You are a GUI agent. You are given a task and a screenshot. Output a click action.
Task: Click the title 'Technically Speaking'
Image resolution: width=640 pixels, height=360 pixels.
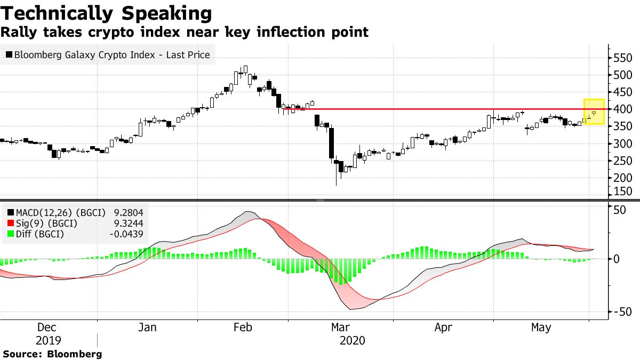[x=106, y=13]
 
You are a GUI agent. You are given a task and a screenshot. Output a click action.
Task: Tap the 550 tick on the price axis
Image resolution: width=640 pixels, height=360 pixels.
[x=623, y=58]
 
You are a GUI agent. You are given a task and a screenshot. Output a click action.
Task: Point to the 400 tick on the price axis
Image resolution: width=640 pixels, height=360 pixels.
[x=623, y=109]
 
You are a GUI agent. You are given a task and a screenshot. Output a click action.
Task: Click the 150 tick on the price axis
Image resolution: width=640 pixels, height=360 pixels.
[x=623, y=192]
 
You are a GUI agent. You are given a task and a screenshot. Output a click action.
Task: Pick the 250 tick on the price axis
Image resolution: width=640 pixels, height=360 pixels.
[x=623, y=161]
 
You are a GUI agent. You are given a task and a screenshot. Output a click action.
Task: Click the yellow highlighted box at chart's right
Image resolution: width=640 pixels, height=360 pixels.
[x=594, y=112]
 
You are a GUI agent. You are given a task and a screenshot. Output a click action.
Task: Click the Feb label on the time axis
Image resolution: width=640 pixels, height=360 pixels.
[x=243, y=328]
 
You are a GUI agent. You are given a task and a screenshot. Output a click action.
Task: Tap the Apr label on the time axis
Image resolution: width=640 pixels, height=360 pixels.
[x=443, y=328]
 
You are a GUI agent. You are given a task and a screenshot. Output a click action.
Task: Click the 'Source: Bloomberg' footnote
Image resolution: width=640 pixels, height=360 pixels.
[x=52, y=354]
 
